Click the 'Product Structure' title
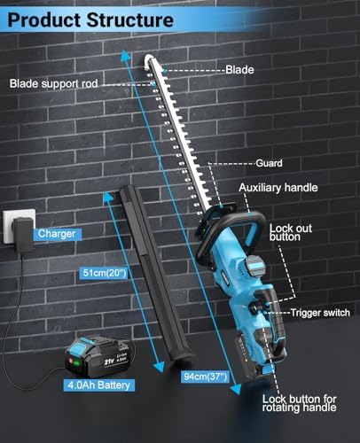pyautogui.click(x=90, y=20)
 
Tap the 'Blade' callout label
pyautogui.click(x=239, y=70)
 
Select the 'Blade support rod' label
pyautogui.click(x=53, y=83)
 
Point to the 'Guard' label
pyautogui.click(x=269, y=163)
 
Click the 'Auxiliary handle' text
pyautogui.click(x=278, y=188)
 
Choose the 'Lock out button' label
pyautogui.click(x=291, y=232)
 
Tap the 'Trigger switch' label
pyautogui.click(x=320, y=313)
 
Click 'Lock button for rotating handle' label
pyautogui.click(x=300, y=403)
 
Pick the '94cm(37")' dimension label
pyautogui.click(x=206, y=377)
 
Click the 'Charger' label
pyautogui.click(x=57, y=234)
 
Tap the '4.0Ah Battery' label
pyautogui.click(x=98, y=385)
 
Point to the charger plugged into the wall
pyautogui.click(x=23, y=235)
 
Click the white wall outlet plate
pyautogui.click(x=19, y=226)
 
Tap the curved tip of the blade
pyautogui.click(x=149, y=59)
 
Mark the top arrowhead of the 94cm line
pyautogui.click(x=126, y=55)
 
